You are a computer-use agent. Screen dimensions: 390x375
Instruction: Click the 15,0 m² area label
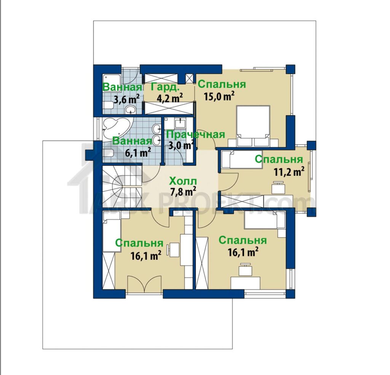219,96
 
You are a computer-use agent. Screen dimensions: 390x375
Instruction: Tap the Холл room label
183,181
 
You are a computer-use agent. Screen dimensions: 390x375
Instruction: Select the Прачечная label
195,135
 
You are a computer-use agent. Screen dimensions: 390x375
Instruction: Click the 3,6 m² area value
126,99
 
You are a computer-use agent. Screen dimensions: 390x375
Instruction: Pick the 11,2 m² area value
289,172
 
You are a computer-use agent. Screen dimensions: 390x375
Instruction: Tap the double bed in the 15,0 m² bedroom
253,126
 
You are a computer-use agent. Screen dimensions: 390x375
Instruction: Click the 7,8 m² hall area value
183,191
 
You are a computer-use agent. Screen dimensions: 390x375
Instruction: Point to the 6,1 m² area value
138,152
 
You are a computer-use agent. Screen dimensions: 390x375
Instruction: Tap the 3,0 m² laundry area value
181,145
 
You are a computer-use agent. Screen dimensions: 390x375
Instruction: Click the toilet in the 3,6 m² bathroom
108,106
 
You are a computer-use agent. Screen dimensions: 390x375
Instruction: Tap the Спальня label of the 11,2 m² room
279,159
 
